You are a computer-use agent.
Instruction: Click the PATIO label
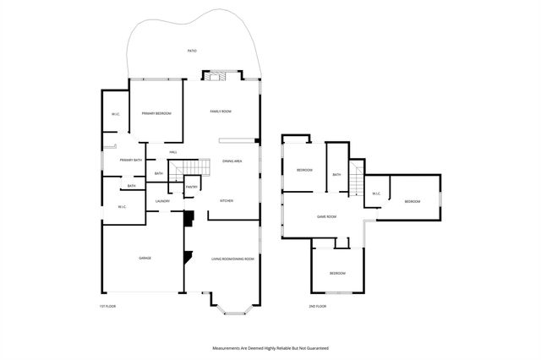click(x=192, y=52)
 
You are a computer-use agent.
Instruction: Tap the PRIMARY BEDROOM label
click(x=156, y=113)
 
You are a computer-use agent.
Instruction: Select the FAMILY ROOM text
click(x=221, y=111)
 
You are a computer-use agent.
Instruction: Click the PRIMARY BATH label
click(x=131, y=160)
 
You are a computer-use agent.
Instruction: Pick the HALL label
click(x=172, y=152)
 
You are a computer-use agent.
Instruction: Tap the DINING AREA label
click(x=233, y=161)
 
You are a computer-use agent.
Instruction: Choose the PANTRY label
click(x=192, y=187)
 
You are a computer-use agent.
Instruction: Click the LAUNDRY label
click(x=163, y=201)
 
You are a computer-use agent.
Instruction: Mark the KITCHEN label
click(x=227, y=201)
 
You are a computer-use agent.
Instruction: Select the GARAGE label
click(x=145, y=258)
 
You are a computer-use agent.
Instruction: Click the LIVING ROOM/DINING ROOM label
click(x=232, y=259)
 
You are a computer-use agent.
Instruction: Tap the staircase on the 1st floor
click(x=189, y=168)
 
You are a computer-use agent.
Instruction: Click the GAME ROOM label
click(x=326, y=216)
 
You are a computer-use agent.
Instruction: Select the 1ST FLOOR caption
click(x=107, y=306)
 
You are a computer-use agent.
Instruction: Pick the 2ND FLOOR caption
click(x=318, y=306)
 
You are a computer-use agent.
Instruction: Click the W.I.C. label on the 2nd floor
click(x=376, y=194)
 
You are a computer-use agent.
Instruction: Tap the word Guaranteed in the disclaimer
click(x=314, y=347)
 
